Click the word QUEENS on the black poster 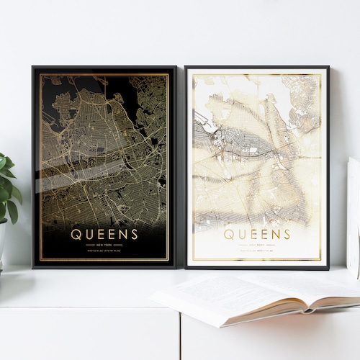[104, 234]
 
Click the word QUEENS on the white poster [257, 234]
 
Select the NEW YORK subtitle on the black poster [104, 245]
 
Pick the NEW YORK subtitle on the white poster [257, 245]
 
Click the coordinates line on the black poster [104, 251]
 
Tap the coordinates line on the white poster [257, 251]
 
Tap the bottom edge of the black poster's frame [104, 266]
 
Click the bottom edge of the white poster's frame [257, 267]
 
